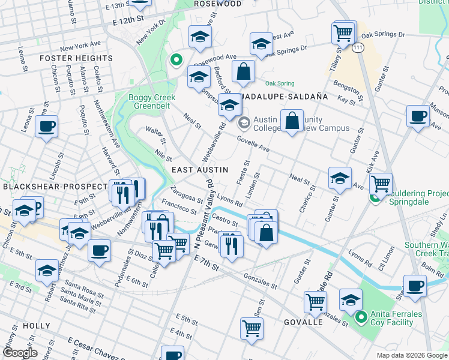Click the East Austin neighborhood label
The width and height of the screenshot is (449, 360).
coord(200,170)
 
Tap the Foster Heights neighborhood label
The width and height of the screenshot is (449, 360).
coord(76,58)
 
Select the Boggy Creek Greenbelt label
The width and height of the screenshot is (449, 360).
coord(149,102)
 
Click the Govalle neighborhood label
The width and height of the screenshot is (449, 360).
coord(303,322)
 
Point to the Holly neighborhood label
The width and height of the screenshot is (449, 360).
coord(36,325)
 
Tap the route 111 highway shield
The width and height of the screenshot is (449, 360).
coord(358,47)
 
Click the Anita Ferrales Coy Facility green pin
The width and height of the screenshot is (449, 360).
coord(361,317)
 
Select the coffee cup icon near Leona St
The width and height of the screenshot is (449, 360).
coord(46,127)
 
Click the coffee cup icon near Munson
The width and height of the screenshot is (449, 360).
coord(417,115)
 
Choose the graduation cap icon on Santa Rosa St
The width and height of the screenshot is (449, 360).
coord(47,271)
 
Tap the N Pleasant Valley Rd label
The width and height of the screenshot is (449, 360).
coord(204,224)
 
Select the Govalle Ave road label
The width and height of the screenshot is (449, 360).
coord(252,143)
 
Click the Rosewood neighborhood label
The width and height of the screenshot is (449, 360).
coord(218,4)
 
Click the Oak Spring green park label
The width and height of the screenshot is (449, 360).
coord(280,83)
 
